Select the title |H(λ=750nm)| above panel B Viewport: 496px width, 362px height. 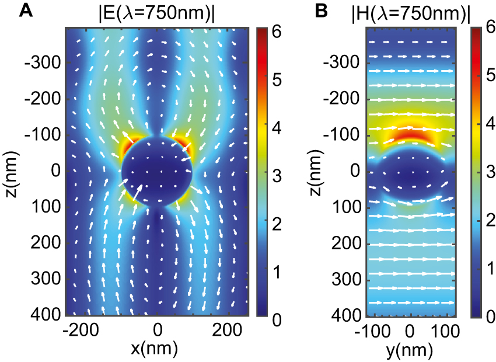[x=410, y=12]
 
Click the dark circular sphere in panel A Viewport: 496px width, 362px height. [x=157, y=172]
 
